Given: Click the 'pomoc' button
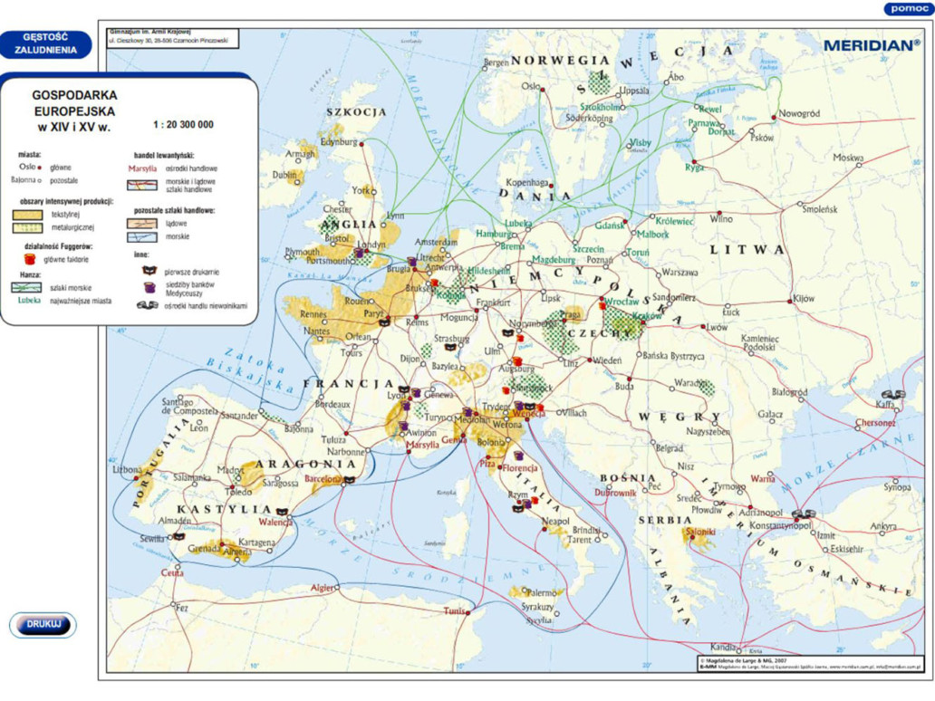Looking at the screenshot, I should [906, 9].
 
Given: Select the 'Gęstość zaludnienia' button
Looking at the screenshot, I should [46, 44].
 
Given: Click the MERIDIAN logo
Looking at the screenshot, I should [871, 43].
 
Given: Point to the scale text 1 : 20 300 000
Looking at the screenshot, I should [183, 125].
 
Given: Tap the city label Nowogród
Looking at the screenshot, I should [799, 114].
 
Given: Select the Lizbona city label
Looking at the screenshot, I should [127, 470].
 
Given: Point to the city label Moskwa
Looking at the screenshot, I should [848, 158].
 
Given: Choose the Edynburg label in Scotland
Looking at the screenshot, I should [338, 141].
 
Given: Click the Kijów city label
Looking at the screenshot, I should [804, 297].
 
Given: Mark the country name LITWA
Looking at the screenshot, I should [747, 249].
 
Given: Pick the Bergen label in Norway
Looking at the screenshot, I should [496, 62].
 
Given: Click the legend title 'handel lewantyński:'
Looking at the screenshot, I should [164, 155].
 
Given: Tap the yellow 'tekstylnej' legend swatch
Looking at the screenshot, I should [27, 215].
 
